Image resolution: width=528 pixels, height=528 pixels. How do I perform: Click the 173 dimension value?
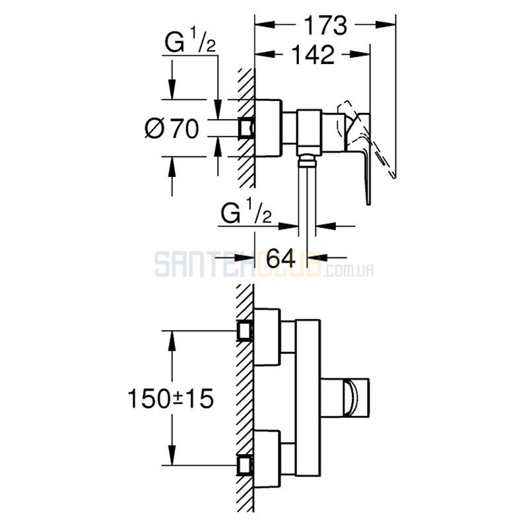[x=325, y=26]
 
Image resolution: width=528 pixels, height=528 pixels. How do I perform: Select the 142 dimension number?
[x=313, y=55]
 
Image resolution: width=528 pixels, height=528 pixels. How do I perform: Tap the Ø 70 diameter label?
[x=172, y=128]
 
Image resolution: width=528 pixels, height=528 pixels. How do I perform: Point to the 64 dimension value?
[x=281, y=258]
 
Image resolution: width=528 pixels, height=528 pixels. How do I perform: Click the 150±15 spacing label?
[x=171, y=399]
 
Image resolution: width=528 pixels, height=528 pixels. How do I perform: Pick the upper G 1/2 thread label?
[x=190, y=40]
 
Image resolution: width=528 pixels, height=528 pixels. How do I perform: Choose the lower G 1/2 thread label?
[x=246, y=211]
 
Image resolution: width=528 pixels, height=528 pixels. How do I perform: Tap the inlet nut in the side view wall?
[x=246, y=128]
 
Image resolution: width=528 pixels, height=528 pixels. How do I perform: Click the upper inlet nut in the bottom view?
[x=246, y=331]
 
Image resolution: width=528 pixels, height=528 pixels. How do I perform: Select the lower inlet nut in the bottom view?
[x=246, y=465]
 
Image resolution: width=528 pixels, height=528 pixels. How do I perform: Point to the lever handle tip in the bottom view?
[x=356, y=398]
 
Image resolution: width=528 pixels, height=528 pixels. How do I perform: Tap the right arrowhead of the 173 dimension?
[x=385, y=24]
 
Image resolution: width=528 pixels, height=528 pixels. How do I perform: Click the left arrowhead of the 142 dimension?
[x=265, y=54]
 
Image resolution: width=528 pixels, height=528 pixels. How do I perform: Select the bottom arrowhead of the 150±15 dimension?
[x=172, y=455]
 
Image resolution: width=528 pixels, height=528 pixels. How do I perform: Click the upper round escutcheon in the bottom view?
[x=267, y=337]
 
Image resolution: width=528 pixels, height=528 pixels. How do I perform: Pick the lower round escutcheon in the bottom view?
[x=267, y=459]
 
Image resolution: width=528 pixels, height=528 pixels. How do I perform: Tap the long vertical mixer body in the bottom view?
[x=308, y=398]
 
